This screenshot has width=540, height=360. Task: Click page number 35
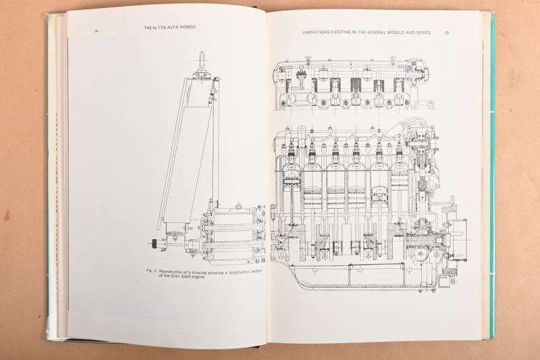pos(447,32)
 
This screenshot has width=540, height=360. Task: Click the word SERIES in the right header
pos(427,32)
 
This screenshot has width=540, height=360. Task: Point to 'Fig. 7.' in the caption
pos(151,270)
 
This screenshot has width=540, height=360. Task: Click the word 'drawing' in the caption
pos(202,270)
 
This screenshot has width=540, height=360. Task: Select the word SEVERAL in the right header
pos(365,32)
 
